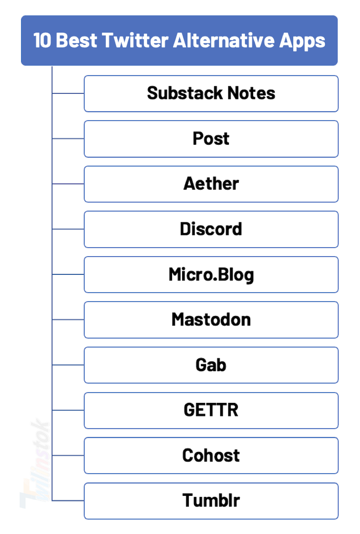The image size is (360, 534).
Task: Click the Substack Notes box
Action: (x=211, y=94)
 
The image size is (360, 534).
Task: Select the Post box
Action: (x=211, y=139)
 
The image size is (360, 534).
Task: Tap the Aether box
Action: (x=211, y=184)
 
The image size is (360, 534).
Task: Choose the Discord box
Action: (x=211, y=229)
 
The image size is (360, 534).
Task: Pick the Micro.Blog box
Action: (x=211, y=275)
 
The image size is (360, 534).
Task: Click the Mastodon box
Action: (x=211, y=320)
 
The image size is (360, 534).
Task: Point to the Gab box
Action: (x=211, y=365)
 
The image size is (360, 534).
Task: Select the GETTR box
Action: (x=211, y=410)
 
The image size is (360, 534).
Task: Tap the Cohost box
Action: (x=211, y=456)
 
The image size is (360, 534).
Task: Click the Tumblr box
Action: (x=211, y=501)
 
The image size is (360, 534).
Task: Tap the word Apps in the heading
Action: (x=302, y=41)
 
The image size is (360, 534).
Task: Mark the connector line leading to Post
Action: (x=68, y=139)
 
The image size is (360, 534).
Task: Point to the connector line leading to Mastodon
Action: (x=68, y=320)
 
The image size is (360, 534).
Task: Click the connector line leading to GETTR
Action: (x=68, y=410)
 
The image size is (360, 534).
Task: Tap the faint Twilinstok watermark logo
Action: (x=35, y=465)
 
